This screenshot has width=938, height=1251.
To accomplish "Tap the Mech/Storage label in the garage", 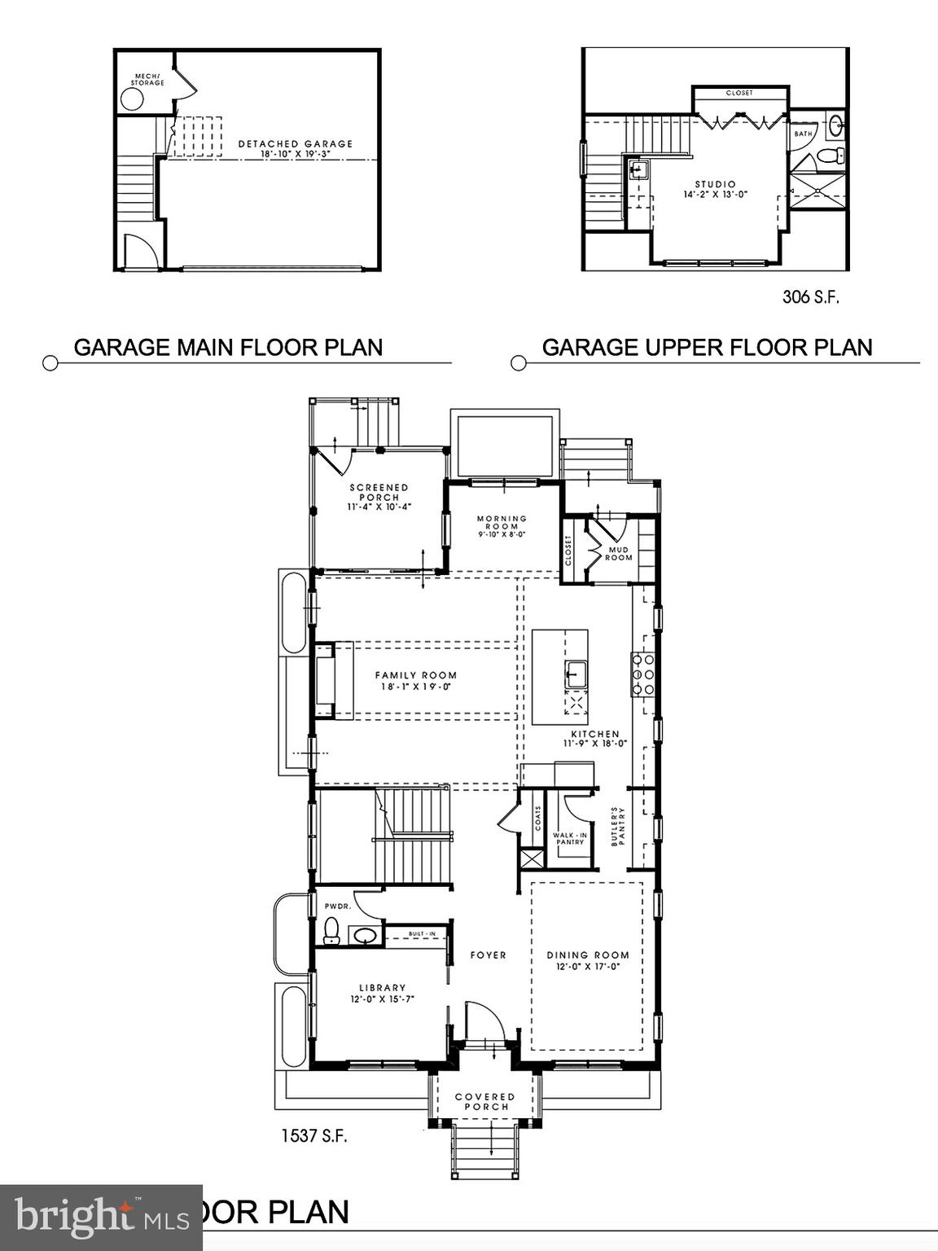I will (147, 80).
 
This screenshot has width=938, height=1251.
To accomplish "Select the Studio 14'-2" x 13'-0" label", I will (715, 190).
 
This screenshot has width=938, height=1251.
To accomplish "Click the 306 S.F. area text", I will (810, 297).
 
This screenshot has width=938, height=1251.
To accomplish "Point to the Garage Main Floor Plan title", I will (228, 348).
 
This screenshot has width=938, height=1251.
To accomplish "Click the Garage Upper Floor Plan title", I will (707, 348).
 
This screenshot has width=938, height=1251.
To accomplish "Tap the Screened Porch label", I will (379, 497).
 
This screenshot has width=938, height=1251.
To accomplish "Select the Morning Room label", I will (502, 526).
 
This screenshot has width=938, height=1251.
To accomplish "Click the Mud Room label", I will (619, 554).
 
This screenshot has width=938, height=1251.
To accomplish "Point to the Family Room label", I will (415, 680).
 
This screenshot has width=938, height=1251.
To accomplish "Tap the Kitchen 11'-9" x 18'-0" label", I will (595, 739).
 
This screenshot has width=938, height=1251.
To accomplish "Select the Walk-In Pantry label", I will (570, 838).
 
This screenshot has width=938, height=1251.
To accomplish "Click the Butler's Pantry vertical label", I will (618, 826).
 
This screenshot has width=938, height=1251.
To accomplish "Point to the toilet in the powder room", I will (331, 930).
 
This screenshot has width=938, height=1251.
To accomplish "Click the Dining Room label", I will (587, 960).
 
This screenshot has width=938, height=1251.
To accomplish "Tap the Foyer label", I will (488, 955).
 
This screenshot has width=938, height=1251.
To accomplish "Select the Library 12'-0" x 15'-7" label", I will (383, 994).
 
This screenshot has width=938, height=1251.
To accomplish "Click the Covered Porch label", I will (485, 1102).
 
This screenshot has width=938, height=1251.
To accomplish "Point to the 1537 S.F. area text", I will (314, 1135).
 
